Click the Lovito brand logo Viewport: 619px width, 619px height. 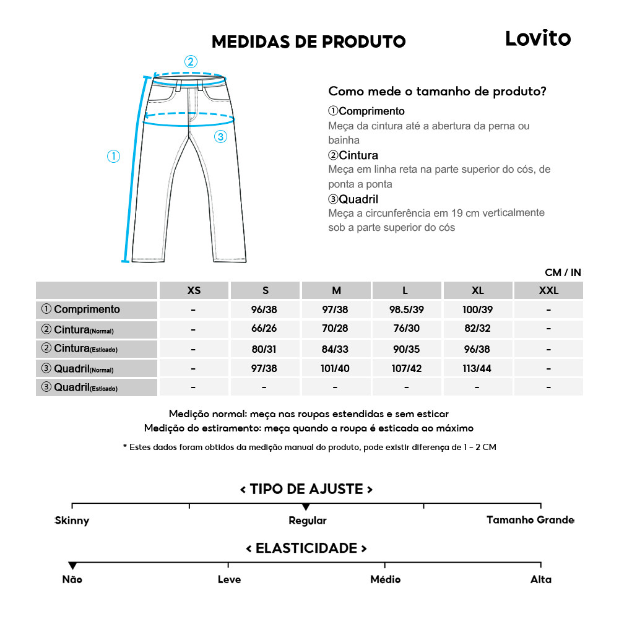[537, 38]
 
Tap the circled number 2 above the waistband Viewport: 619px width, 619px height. [191, 61]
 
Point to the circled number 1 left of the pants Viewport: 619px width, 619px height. [113, 157]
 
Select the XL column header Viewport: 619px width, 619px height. [477, 290]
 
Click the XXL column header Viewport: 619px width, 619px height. [548, 290]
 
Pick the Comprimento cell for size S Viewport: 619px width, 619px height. [265, 309]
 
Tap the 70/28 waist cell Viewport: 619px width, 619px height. [336, 329]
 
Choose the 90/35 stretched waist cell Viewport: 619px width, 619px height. [407, 349]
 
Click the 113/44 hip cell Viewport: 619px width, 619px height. [477, 369]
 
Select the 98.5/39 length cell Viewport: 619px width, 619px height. [407, 309]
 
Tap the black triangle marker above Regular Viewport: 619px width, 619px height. [306, 507]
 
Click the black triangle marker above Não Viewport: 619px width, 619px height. [72, 566]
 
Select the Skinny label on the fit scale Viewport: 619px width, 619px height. [72, 521]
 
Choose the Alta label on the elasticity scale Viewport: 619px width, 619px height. [540, 579]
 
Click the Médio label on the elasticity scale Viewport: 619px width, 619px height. [385, 579]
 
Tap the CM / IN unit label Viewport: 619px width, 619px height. [563, 272]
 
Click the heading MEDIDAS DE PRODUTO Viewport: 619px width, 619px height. [308, 41]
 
